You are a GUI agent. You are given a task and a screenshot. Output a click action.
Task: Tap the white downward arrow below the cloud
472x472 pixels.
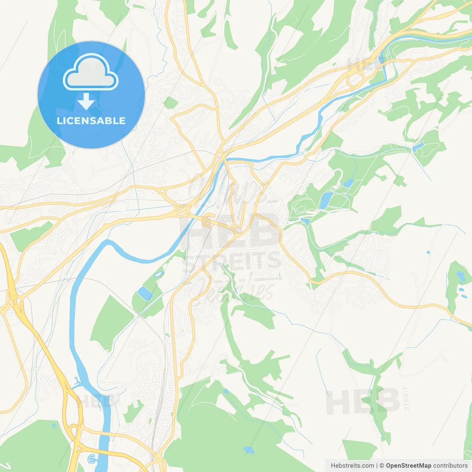point(86,101)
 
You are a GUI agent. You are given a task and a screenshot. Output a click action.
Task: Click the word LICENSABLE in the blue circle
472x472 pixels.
point(91,121)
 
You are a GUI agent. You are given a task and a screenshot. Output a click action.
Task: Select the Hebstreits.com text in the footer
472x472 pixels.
point(352,466)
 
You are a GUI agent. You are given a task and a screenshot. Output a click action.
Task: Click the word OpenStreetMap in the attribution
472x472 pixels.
point(408,466)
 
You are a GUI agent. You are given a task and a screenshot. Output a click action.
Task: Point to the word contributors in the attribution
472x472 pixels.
point(450,466)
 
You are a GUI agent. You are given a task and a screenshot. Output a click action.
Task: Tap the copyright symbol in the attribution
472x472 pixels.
point(382,466)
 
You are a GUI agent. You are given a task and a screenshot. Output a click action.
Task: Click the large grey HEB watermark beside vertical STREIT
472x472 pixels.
point(363,401)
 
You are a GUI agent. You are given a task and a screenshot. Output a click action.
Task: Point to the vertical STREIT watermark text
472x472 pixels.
point(406,398)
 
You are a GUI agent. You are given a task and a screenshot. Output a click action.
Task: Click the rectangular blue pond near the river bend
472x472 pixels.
point(145,293)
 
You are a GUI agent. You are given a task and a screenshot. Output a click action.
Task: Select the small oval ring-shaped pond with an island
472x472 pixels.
point(159,274)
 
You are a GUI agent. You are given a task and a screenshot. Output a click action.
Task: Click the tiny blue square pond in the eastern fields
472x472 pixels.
point(428,252)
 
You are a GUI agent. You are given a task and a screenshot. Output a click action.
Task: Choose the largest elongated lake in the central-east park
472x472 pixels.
point(326,199)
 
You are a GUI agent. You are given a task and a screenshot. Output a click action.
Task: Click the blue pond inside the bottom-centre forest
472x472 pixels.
point(249,450)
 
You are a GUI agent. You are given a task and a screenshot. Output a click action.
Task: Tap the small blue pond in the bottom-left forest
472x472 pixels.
point(54,426)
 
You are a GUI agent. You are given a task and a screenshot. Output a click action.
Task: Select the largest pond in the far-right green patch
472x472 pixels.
point(461,276)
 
